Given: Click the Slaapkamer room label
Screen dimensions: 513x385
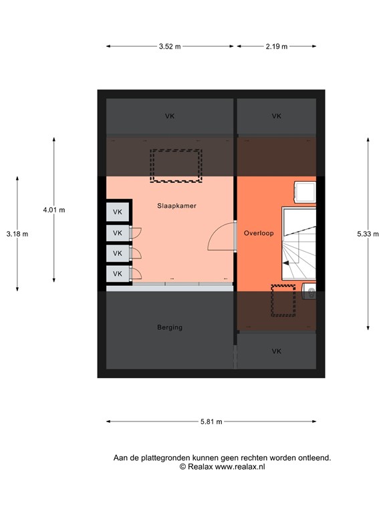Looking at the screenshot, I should point(176,206).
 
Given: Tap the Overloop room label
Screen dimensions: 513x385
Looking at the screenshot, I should point(259,233).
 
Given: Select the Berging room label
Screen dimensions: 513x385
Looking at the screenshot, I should point(170,327).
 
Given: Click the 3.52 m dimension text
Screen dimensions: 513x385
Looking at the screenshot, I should point(170,47).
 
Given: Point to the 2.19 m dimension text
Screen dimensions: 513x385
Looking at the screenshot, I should point(275,47).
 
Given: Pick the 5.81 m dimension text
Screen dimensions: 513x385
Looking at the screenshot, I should point(211,421).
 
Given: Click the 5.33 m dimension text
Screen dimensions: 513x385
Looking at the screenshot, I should point(368,234).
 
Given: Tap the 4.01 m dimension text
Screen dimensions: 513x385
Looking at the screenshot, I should point(54,210).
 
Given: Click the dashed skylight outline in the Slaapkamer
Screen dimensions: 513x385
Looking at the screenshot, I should point(176,166).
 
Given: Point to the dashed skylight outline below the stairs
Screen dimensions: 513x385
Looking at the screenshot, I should point(283,301).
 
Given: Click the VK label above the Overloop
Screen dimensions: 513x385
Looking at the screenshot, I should point(277,116).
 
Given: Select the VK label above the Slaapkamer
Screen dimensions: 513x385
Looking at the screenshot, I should point(170,116).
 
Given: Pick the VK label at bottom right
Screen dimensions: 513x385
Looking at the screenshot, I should point(277,351).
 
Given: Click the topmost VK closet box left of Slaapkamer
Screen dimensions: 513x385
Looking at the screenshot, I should point(118,212).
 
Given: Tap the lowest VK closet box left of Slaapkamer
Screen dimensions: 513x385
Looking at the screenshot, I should point(118,274).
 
